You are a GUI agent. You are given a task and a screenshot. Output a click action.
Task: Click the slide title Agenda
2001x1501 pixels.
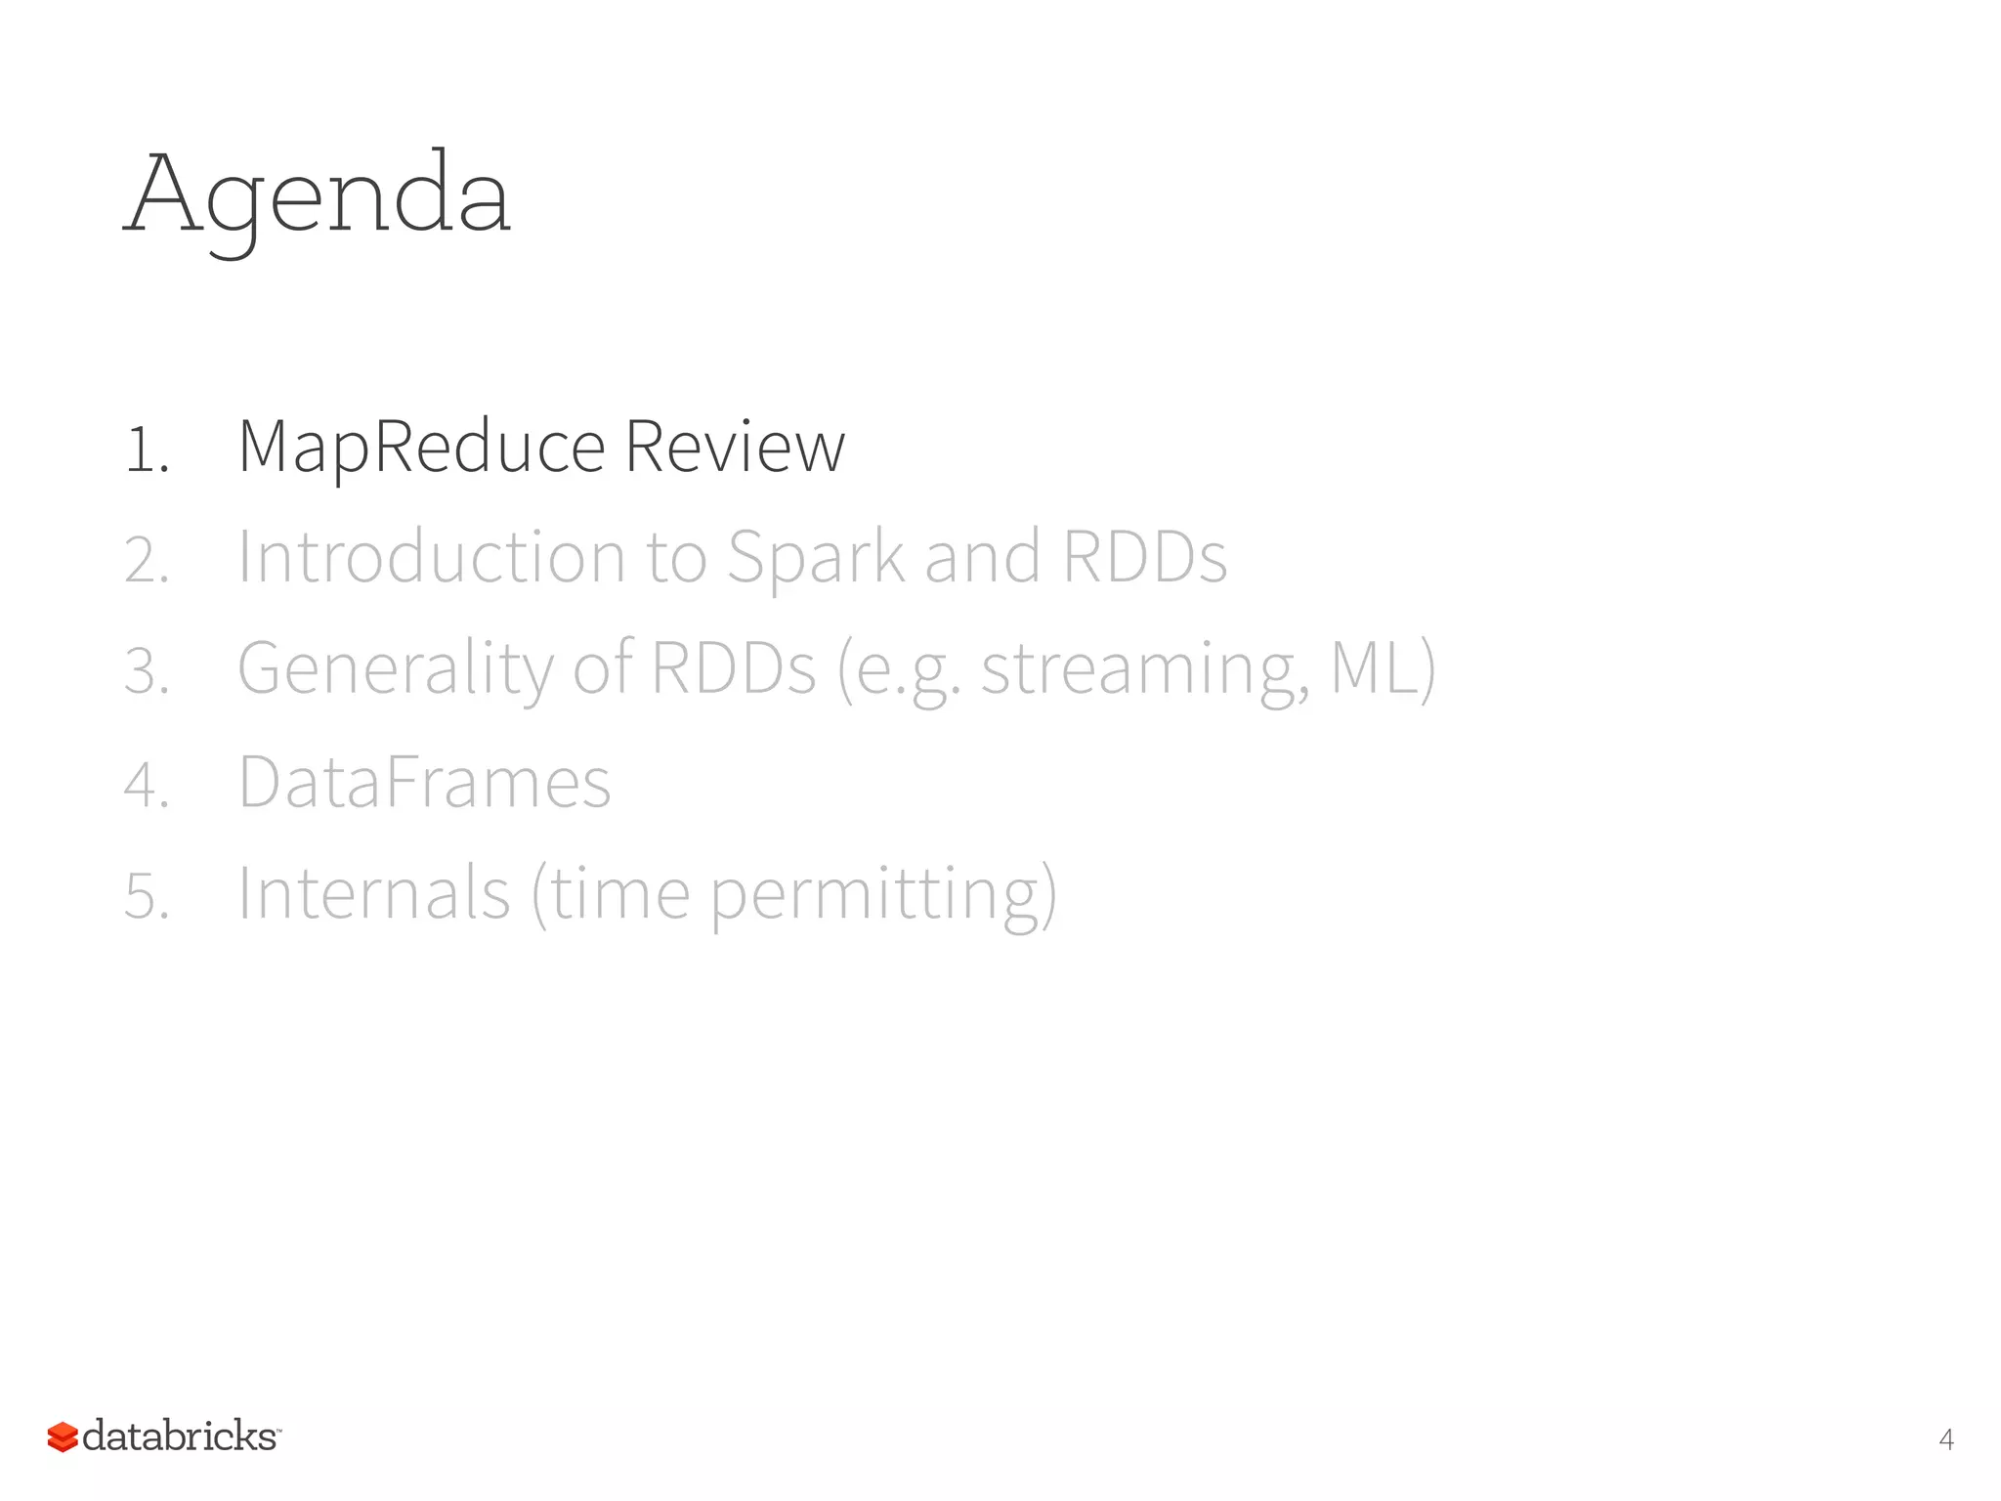(318, 195)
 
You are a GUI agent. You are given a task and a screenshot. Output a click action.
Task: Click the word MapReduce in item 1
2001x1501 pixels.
(422, 448)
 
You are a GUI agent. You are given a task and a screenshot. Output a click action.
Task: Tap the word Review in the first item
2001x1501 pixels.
(735, 448)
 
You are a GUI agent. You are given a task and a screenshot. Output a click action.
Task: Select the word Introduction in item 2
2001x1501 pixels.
(431, 557)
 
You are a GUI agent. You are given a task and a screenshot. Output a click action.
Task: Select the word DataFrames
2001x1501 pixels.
(424, 782)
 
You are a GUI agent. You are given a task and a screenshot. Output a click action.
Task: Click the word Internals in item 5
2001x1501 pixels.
(373, 893)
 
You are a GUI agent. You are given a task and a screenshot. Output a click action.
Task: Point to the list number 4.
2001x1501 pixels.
(147, 785)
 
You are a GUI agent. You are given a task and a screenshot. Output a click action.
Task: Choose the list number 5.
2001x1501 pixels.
(147, 896)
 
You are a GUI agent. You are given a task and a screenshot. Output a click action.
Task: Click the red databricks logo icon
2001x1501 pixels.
(63, 1437)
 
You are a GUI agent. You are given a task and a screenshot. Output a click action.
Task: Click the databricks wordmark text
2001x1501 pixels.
(180, 1437)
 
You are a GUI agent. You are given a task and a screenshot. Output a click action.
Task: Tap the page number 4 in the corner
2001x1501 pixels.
(1945, 1439)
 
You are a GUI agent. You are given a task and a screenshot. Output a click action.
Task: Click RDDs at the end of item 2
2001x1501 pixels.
(1144, 557)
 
